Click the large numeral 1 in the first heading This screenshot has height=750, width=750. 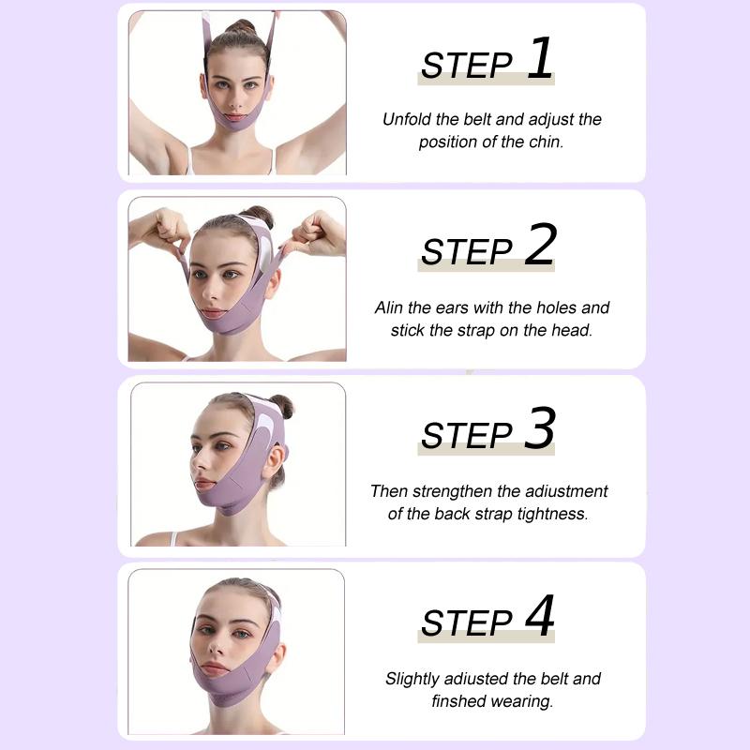[540, 58]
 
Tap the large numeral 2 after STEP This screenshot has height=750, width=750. [540, 246]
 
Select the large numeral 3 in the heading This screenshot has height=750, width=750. [540, 429]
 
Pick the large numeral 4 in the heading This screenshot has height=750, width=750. [540, 617]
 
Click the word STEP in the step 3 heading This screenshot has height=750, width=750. [466, 437]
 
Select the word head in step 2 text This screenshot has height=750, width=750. [573, 330]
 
